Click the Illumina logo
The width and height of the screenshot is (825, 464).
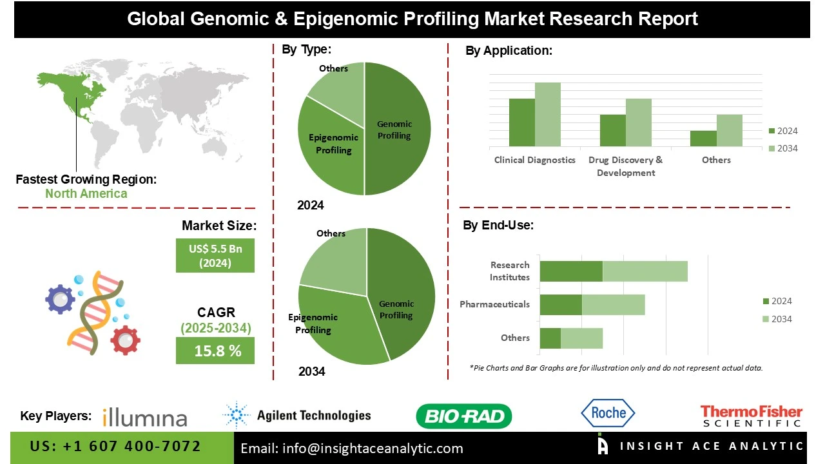click(145, 416)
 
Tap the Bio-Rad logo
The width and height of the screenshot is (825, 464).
click(464, 416)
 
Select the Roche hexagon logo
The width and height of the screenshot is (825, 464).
click(608, 414)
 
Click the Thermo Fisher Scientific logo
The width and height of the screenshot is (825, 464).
click(752, 416)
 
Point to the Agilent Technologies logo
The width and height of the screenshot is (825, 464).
click(296, 415)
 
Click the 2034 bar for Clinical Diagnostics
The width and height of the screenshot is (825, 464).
click(548, 115)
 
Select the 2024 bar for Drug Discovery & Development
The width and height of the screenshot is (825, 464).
click(613, 131)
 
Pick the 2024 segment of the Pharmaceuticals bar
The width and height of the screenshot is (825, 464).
click(561, 305)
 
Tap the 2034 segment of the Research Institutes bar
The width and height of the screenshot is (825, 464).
click(645, 271)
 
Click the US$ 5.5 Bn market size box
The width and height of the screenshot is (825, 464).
click(215, 255)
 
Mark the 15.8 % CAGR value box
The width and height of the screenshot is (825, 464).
click(215, 351)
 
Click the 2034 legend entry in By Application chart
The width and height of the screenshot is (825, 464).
click(782, 149)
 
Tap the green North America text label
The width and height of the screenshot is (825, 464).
click(86, 193)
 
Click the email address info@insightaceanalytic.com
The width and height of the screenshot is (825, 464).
click(352, 449)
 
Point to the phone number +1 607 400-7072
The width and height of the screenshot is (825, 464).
click(116, 447)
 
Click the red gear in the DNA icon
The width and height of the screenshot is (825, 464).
click(125, 340)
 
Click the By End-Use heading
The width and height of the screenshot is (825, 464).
click(498, 226)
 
